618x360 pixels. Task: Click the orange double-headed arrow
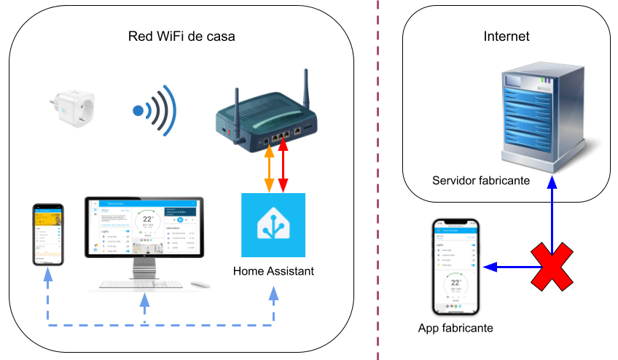pyautogui.click(x=269, y=168)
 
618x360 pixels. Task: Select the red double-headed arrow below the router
pyautogui.click(x=283, y=168)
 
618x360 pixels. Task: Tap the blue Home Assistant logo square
pyautogui.click(x=274, y=224)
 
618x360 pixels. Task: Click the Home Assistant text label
pyautogui.click(x=273, y=272)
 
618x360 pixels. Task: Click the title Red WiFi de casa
pyautogui.click(x=181, y=36)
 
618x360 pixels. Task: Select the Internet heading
pyautogui.click(x=506, y=36)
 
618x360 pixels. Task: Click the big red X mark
pyautogui.click(x=552, y=267)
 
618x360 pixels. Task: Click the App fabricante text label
pyautogui.click(x=455, y=328)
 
